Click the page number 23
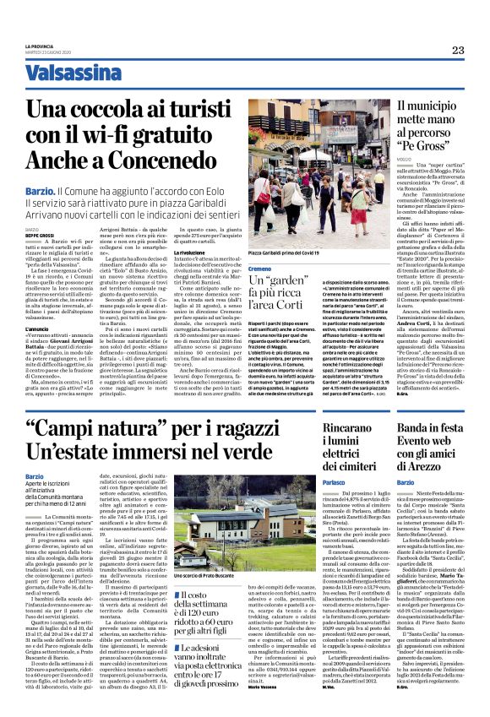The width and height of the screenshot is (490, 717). [458, 51]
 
